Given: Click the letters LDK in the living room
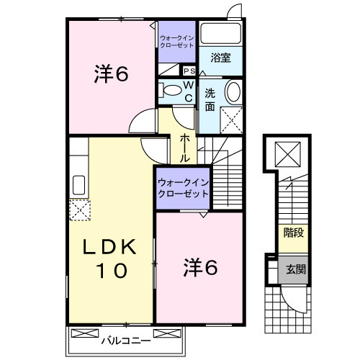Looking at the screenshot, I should point(111,246).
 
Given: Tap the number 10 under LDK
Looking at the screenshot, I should point(112,271).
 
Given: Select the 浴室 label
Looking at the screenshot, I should point(221,58).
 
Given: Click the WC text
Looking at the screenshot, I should point(187,91).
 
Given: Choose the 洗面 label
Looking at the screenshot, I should point(210,100).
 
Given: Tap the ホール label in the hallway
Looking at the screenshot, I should point(185,146).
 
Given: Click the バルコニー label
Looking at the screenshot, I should point(125,338).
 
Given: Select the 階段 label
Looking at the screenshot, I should point(292,233).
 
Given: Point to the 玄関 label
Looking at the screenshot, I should point(295,270).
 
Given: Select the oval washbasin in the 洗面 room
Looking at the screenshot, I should point(234,93).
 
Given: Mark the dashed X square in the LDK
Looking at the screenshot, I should point(78,210).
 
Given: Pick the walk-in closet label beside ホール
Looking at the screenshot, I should point(183,189).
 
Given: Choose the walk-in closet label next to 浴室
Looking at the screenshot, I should point(177,41).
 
